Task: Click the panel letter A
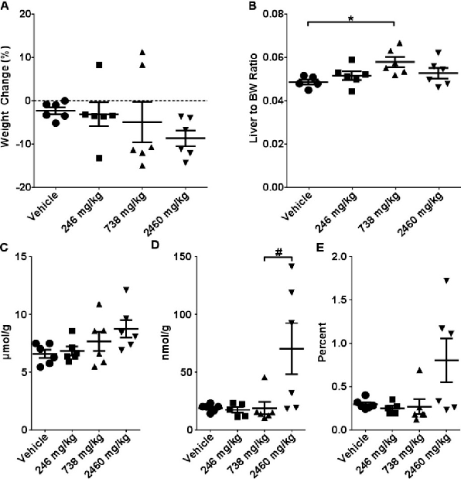click(x=5, y=6)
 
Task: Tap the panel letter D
click(x=160, y=248)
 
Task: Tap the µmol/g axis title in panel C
click(x=9, y=343)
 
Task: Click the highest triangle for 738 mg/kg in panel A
click(x=142, y=52)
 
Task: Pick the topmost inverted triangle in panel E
click(x=424, y=280)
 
